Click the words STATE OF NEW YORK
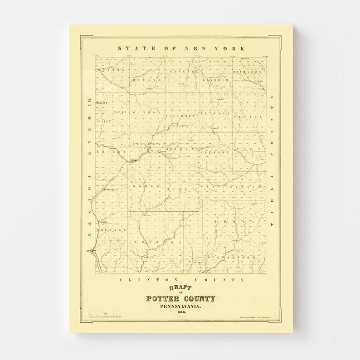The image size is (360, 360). [x=181, y=48]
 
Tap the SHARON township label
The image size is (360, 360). [x=113, y=70]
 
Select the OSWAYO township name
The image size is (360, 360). [x=147, y=80]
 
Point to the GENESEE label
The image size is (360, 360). [x=184, y=72]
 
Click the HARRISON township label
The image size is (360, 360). [x=248, y=72]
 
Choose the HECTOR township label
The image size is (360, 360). [x=248, y=117]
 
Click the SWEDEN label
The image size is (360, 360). [x=180, y=149]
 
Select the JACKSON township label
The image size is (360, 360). [x=214, y=153]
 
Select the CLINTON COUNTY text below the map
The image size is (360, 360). [x=181, y=280]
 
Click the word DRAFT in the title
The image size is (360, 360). [x=180, y=288]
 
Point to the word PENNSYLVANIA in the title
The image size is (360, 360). [x=180, y=307]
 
